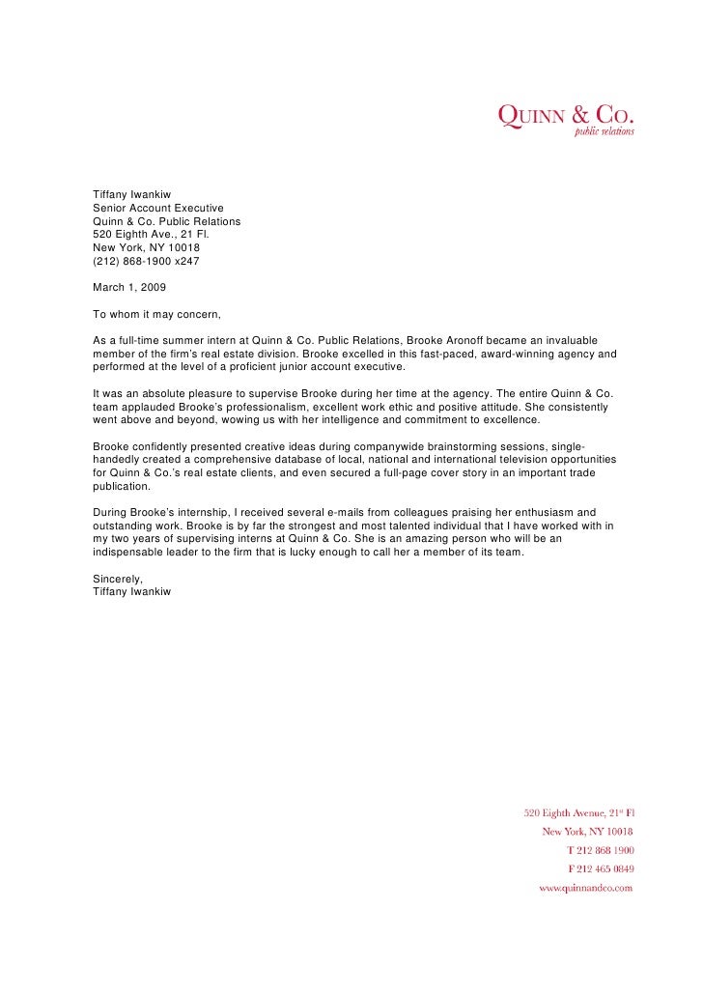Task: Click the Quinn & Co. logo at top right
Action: click(x=565, y=115)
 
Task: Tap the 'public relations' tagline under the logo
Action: click(x=605, y=132)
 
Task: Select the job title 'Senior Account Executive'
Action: click(x=158, y=208)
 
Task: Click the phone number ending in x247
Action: click(x=146, y=261)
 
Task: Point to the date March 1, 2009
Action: click(x=129, y=287)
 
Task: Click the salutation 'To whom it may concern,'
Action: click(x=157, y=314)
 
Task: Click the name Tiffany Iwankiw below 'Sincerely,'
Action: click(x=131, y=591)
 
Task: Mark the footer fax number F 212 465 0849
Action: click(x=600, y=868)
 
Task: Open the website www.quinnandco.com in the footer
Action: click(x=585, y=887)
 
